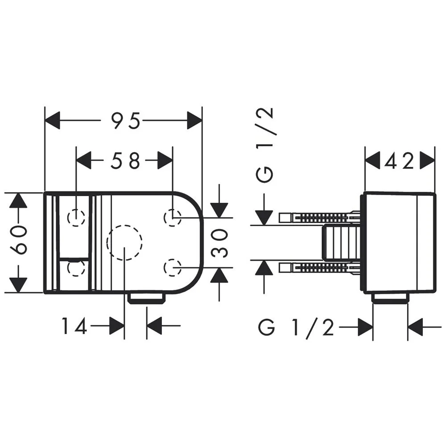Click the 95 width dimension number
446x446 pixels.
[x=125, y=120]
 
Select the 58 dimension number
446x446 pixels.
[x=125, y=161]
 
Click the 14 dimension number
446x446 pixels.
[x=74, y=326]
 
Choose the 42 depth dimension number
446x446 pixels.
[x=399, y=161]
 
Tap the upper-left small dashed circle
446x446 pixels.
[x=76, y=218]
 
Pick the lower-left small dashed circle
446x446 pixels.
[x=76, y=268]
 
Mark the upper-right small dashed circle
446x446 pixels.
[x=173, y=218]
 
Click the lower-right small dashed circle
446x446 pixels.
[x=173, y=268]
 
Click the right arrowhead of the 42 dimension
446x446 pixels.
[x=428, y=161]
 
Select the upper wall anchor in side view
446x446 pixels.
[x=320, y=218]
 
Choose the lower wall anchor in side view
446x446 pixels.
[x=320, y=268]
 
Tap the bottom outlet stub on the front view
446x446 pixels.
[x=147, y=299]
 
